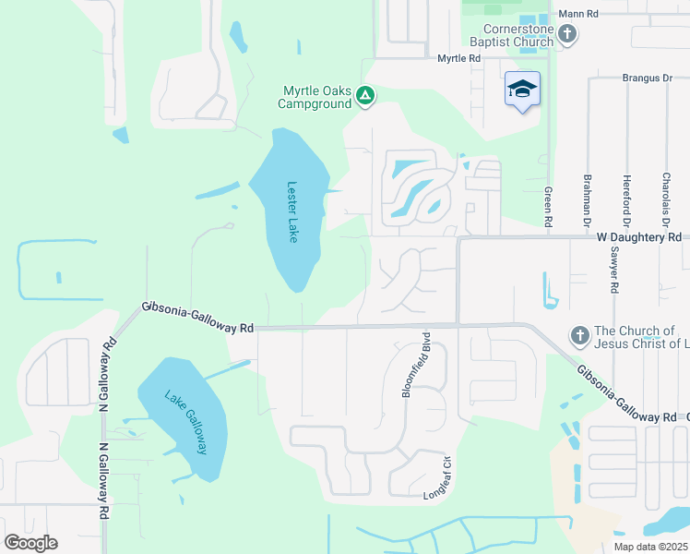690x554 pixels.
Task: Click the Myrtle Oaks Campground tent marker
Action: pyautogui.click(x=366, y=95)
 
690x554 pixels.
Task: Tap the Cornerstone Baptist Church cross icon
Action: pyautogui.click(x=567, y=35)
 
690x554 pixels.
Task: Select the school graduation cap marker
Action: pyautogui.click(x=522, y=90)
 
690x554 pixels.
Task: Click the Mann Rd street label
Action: pyautogui.click(x=579, y=14)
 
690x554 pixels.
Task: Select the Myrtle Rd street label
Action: pyautogui.click(x=459, y=58)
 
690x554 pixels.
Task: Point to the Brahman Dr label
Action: pyautogui.click(x=587, y=200)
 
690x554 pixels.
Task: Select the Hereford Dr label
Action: pyautogui.click(x=626, y=199)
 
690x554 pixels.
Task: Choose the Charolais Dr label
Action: pyautogui.click(x=665, y=199)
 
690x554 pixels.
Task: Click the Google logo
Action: pyautogui.click(x=30, y=543)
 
